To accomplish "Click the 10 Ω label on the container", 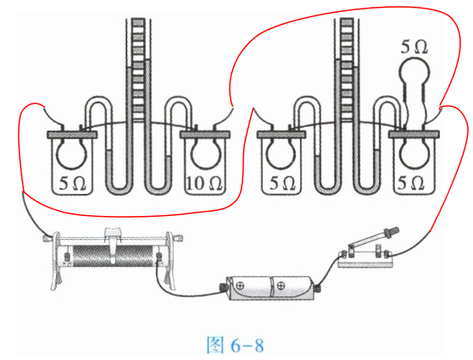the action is pos(204,184).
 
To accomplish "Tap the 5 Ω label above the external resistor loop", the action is pos(414,47).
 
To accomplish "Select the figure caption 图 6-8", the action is pos(235,345).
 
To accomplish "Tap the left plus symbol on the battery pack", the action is pos(241,285).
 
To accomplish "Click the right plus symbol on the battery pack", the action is pos(281,285).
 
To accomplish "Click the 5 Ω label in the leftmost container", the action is pos(72,184).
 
